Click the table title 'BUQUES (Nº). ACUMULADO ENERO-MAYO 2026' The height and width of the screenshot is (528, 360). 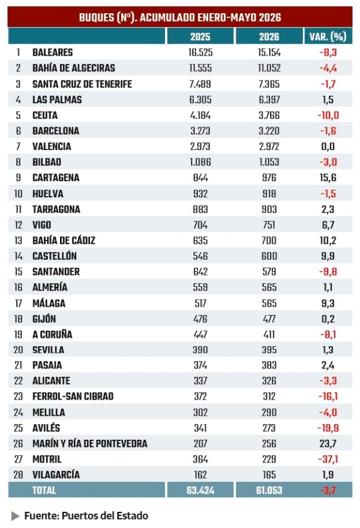click(x=180, y=17)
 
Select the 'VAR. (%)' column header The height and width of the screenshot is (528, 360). click(x=328, y=37)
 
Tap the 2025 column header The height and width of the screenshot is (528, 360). click(x=200, y=37)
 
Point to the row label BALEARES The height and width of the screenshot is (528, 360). click(x=53, y=53)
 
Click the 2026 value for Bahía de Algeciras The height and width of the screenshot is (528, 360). click(x=269, y=68)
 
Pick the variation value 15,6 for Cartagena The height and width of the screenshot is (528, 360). click(x=328, y=178)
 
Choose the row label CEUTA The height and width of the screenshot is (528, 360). click(x=45, y=115)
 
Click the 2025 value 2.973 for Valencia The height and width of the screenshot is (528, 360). click(x=200, y=146)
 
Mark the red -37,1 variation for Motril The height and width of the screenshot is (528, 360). click(x=328, y=459)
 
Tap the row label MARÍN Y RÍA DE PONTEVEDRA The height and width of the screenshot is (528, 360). click(x=90, y=443)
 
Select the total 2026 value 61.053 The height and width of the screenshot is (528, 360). click(x=269, y=490)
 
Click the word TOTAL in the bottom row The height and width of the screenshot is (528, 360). click(x=44, y=490)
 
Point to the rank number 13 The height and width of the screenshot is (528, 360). click(x=18, y=241)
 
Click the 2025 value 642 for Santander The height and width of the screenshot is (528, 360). click(x=200, y=272)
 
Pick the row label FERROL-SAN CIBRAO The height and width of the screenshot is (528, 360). click(x=73, y=397)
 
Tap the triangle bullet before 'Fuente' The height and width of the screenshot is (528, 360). click(x=15, y=516)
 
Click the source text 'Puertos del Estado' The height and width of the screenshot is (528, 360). click(x=105, y=516)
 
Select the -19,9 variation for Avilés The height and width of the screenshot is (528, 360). click(x=328, y=428)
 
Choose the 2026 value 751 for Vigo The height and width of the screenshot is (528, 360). click(x=269, y=225)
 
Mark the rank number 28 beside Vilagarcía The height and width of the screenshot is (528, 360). click(x=18, y=475)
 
